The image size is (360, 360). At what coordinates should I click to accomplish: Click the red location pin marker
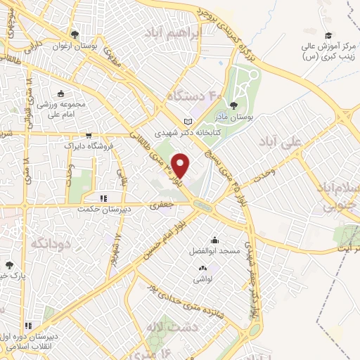coord(181,165)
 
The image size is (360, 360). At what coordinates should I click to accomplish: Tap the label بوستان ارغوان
coord(75,46)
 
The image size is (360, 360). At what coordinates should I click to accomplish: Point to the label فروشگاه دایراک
coord(89,148)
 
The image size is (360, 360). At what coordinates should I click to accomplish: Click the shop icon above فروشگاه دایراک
coord(89,136)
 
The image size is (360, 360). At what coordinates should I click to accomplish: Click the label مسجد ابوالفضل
coord(214,250)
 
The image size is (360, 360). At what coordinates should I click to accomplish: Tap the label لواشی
coord(202,278)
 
